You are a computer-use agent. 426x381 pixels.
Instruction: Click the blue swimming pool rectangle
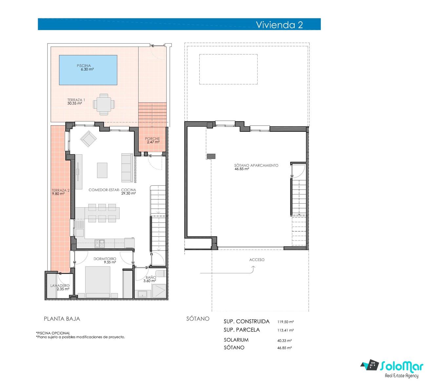pos(88,70)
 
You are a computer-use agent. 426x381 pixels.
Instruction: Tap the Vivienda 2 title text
pos(279,25)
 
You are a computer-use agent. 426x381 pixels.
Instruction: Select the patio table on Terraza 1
pos(104,104)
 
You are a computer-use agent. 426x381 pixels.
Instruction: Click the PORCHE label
pos(152,138)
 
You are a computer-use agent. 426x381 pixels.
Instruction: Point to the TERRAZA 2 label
pos(61,190)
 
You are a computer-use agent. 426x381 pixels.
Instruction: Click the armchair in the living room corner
pos(88,139)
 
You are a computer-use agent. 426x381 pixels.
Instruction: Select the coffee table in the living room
pos(102,170)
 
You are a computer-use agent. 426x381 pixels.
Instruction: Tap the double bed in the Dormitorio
pos(98,282)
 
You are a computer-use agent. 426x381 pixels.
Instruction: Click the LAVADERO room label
pos(60,286)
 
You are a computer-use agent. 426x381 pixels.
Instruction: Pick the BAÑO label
pos(151,277)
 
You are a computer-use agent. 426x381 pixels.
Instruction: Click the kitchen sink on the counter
pos(100,244)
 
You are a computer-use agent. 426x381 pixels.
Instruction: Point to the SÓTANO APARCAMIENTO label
pos(256,165)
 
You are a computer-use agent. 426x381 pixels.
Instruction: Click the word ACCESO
pos(257,260)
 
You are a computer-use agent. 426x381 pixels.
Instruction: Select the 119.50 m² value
pos(285,322)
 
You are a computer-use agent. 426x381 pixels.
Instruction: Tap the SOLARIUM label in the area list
pos(236,340)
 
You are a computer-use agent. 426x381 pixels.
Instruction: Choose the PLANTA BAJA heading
pos(62,319)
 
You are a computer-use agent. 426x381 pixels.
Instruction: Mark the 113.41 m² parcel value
pos(285,330)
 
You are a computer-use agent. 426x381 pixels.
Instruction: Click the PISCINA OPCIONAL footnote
pos(53,333)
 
